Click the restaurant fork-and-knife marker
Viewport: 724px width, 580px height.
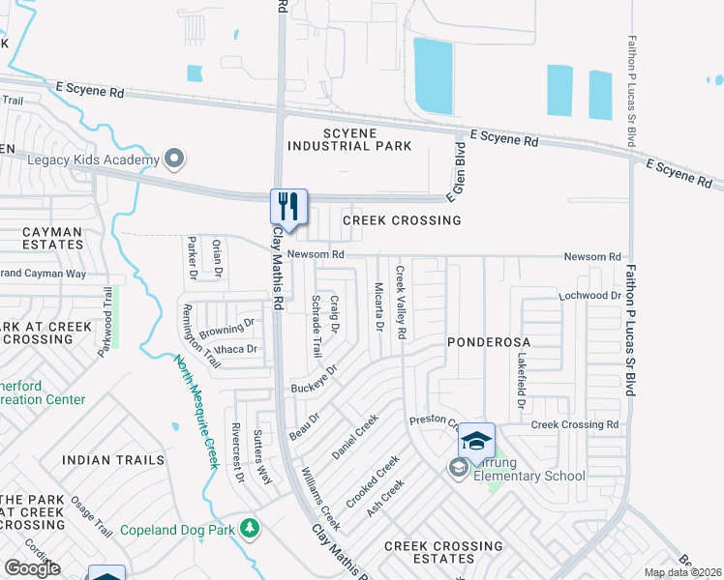[x=288, y=205]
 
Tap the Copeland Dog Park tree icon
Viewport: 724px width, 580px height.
[x=250, y=528]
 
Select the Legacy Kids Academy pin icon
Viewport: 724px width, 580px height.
[x=174, y=157]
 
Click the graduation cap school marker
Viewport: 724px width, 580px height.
[x=475, y=441]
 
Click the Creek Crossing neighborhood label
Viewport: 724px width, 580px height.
[x=402, y=220]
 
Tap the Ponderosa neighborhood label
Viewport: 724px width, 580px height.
[x=485, y=342]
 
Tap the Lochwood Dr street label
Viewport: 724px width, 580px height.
[x=588, y=294]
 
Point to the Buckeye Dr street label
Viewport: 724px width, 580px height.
[x=314, y=380]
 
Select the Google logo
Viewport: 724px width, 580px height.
[x=32, y=567]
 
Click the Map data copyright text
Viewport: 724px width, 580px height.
[x=682, y=572]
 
